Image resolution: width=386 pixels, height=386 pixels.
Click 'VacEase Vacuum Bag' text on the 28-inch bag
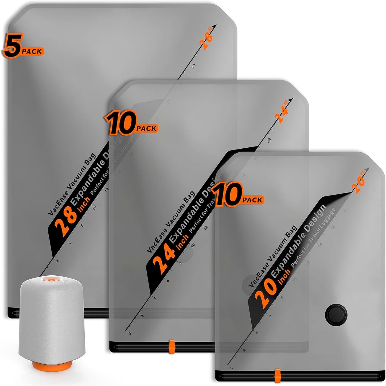tap(72, 184)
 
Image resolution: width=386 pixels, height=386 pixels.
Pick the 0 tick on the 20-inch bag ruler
tap(231, 368)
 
